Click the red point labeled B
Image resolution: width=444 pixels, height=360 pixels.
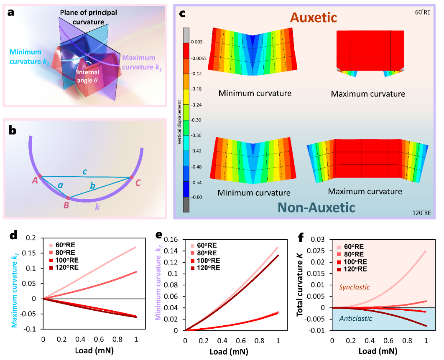point(68,198)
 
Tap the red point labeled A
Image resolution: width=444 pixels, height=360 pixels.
point(40,176)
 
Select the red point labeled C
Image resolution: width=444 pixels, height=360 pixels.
point(131,177)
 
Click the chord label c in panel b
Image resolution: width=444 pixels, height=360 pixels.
point(84,172)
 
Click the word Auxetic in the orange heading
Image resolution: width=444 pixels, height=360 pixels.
point(314,18)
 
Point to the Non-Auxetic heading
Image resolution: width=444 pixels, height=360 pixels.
point(316,207)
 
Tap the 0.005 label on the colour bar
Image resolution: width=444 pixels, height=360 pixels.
point(196,42)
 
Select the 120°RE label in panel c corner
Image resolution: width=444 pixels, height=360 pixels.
point(421,213)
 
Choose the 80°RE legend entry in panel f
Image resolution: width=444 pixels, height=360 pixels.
point(351,254)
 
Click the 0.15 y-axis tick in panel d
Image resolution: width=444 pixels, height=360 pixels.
point(31,253)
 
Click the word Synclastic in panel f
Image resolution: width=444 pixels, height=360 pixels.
point(354,287)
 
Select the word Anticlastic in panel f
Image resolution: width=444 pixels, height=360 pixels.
point(356,318)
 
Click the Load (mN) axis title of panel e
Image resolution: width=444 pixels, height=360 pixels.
point(229,352)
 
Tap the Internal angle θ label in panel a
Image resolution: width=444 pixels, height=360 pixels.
point(88,76)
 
